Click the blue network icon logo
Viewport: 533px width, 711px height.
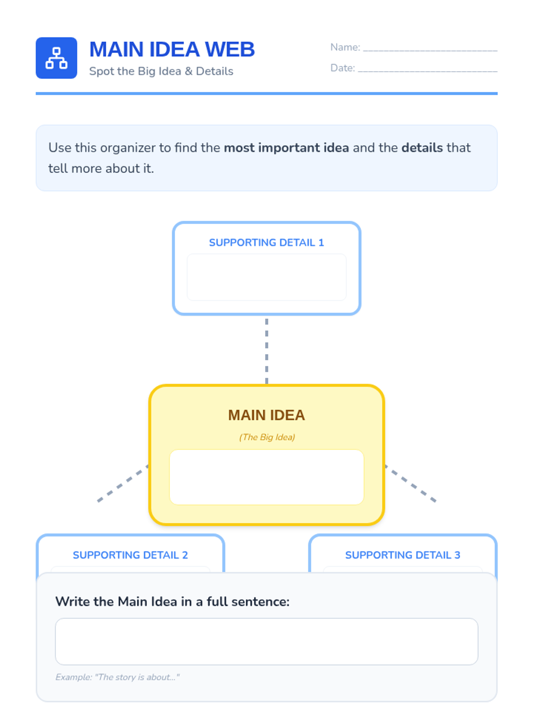[x=56, y=58]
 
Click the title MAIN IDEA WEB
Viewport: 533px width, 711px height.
[x=172, y=49]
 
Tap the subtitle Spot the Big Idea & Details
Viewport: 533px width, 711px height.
[x=161, y=71]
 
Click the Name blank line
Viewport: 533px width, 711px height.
[x=430, y=49]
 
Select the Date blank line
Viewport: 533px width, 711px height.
[x=427, y=69]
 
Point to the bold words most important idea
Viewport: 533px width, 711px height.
[x=286, y=148]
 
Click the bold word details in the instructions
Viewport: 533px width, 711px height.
[x=422, y=148]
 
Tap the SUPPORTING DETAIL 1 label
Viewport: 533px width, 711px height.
[x=266, y=243]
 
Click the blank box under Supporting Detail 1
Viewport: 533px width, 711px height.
[x=266, y=277]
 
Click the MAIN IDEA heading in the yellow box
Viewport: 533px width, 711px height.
[x=266, y=415]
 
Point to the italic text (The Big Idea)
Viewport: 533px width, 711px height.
[x=267, y=437]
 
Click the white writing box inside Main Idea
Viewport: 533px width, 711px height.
[x=266, y=477]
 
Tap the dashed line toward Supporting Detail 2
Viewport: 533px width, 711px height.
[x=122, y=483]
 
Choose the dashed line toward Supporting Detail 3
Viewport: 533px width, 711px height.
[x=411, y=483]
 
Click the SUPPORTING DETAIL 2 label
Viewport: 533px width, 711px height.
[x=130, y=555]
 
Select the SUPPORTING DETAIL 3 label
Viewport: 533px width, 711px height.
[x=402, y=555]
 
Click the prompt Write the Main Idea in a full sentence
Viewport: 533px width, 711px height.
[x=172, y=602]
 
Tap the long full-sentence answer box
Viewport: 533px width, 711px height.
[x=266, y=641]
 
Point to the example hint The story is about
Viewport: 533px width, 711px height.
[x=117, y=677]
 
